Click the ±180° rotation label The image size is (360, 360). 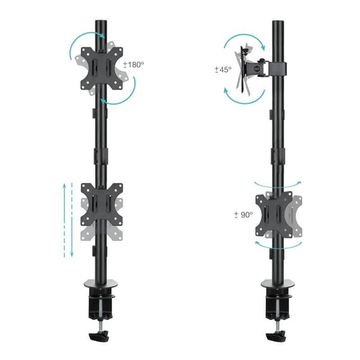(135, 65)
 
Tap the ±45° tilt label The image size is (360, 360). (224, 69)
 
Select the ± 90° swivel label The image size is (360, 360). (242, 215)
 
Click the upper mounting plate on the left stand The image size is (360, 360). (102, 66)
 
